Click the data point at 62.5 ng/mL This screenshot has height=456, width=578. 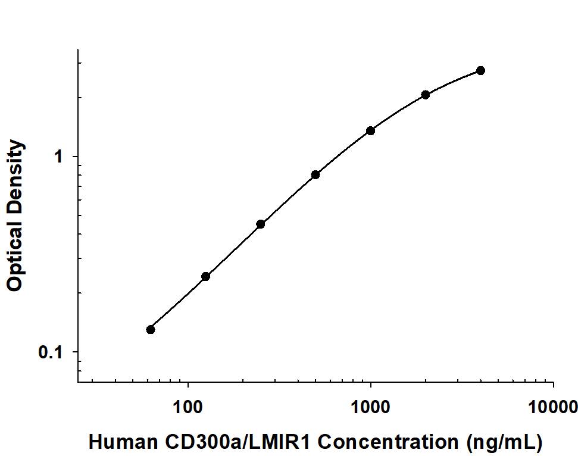(x=151, y=329)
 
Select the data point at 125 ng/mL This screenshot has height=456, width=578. (x=205, y=276)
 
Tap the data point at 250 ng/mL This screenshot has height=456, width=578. (x=260, y=224)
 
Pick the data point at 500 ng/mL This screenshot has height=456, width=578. (x=315, y=174)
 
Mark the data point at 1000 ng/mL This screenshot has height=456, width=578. (x=370, y=130)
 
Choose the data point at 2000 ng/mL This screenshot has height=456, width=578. (x=426, y=94)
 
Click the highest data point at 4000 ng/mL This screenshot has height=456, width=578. (x=480, y=70)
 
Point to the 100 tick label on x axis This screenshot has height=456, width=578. (x=188, y=407)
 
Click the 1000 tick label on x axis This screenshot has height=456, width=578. (x=371, y=407)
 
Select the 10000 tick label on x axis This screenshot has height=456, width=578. (x=553, y=407)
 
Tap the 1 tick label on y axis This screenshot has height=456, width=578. (x=58, y=157)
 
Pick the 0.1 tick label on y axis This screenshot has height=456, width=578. (x=51, y=352)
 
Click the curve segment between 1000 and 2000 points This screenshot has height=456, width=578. (x=398, y=111)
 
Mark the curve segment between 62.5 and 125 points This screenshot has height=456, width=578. (x=178, y=302)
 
